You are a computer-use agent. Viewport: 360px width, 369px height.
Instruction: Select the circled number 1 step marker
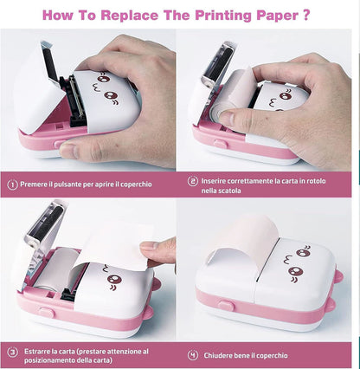(13, 184)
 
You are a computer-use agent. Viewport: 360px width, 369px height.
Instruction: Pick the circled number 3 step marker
(13, 353)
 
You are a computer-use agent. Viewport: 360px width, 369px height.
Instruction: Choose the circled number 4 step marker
(193, 353)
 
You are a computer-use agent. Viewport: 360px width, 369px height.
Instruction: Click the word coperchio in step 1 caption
(147, 184)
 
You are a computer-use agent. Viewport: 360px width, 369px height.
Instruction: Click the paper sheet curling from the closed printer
(234, 238)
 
